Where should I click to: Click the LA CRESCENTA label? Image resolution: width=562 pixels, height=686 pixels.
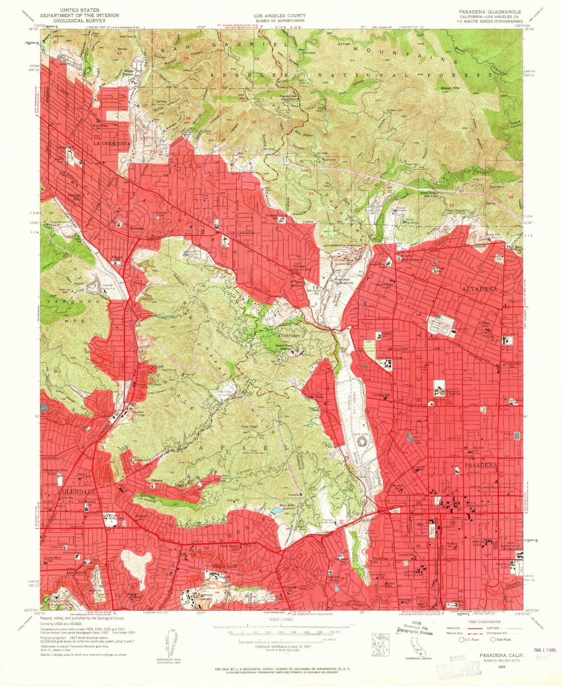click(111, 144)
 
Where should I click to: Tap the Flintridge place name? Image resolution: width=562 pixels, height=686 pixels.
click(289, 335)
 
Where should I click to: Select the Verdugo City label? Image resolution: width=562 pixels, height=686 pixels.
click(73, 197)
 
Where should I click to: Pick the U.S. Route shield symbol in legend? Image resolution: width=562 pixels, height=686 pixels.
click(461, 639)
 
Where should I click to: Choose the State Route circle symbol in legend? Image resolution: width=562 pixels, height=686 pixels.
click(492, 639)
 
